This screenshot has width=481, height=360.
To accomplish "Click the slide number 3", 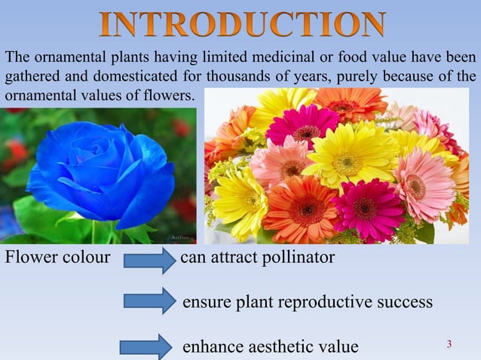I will (449, 344).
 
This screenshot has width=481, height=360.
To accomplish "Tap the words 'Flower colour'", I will (57, 259).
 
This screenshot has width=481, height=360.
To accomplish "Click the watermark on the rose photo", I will (178, 236).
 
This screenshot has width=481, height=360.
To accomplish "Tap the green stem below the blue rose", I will (94, 230).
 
